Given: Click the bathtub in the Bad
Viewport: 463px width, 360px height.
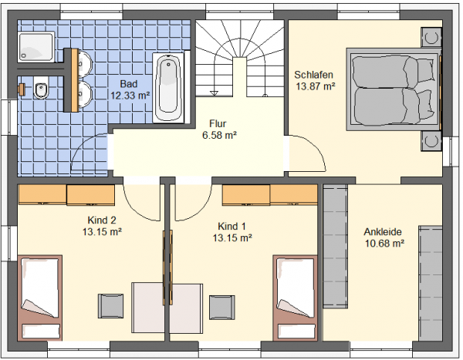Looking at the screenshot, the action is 168,87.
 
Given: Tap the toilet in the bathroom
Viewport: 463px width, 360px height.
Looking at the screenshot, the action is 41,88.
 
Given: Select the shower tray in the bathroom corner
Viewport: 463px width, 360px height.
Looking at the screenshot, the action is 36,47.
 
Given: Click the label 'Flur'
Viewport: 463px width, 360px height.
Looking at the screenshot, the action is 218,123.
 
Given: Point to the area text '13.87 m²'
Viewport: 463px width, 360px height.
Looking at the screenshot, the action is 316,86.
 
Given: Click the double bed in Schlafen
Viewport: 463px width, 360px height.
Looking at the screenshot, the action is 393,89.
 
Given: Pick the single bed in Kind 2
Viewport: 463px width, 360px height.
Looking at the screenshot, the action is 40,298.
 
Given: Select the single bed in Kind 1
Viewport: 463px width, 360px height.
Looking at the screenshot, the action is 295,298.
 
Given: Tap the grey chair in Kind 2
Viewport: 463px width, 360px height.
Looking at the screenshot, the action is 110,306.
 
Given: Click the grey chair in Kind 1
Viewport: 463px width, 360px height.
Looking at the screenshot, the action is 222,307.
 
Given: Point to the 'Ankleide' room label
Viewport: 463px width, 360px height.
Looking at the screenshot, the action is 383,231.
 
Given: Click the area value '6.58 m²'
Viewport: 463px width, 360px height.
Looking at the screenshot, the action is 219,135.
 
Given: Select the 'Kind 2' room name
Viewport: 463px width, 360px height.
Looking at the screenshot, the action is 102,220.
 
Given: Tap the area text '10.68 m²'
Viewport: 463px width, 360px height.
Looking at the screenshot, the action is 384,244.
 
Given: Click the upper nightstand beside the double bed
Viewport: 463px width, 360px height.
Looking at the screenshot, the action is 431,37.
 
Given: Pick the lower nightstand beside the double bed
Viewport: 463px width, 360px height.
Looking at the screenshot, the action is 431,141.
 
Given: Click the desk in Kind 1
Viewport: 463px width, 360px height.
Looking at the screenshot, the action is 186,308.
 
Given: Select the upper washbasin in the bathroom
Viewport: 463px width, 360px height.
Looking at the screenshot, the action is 86,64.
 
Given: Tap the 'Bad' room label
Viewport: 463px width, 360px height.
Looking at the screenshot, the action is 129,84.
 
